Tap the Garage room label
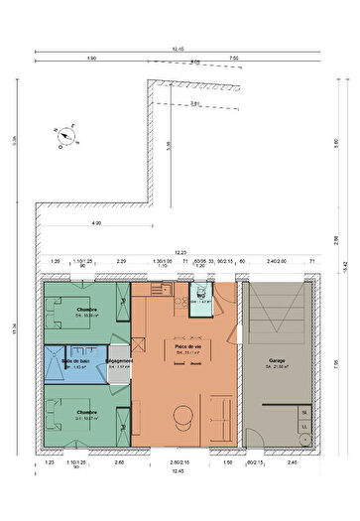[277, 361]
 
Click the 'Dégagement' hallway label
[119, 361]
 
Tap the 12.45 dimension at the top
[179, 48]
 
